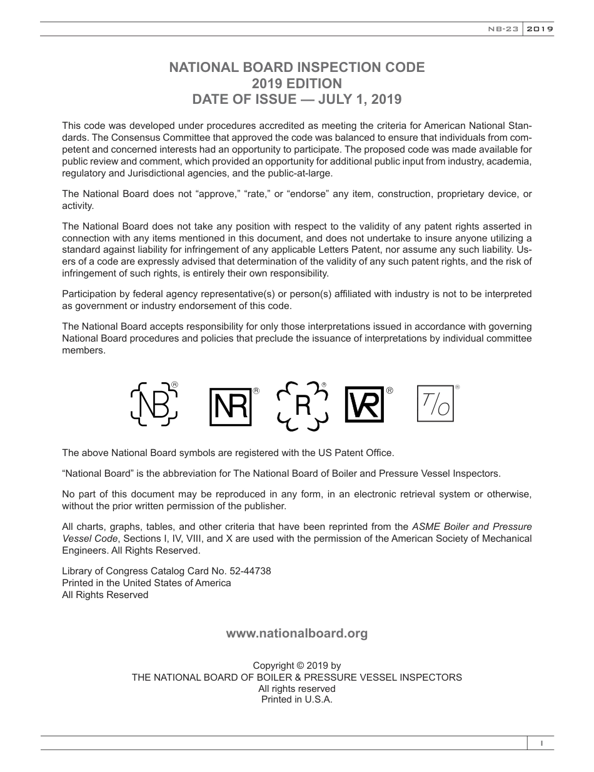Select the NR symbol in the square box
click(230, 407)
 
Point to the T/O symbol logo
click(435, 404)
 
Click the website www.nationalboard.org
click(297, 633)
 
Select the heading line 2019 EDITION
click(297, 83)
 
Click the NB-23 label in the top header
click(503, 29)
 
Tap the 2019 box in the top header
click(538, 29)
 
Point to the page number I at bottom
click(541, 743)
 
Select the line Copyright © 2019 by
click(297, 666)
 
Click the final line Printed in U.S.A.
click(297, 699)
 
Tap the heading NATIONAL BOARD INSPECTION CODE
click(297, 68)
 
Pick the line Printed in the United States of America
click(146, 582)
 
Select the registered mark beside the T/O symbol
click(457, 388)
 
